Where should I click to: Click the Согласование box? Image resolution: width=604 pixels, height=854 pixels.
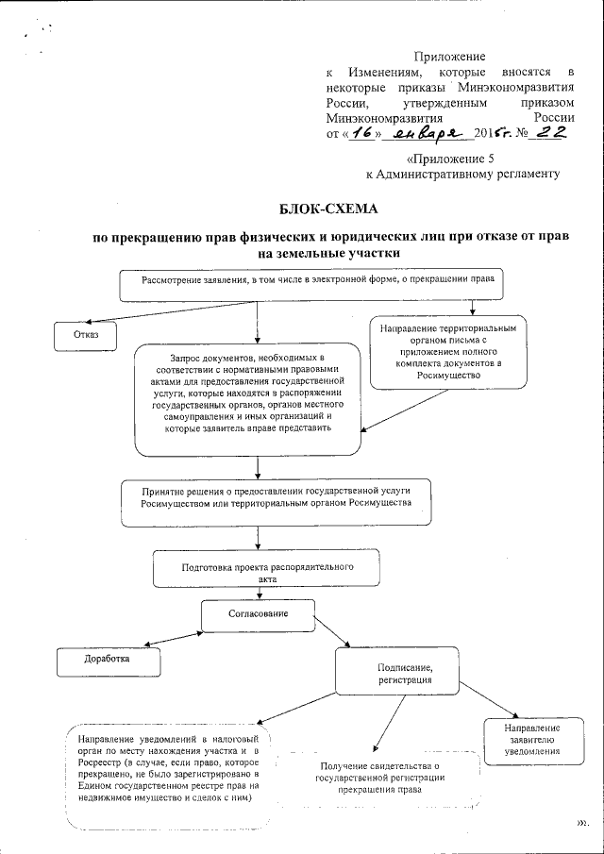point(258,614)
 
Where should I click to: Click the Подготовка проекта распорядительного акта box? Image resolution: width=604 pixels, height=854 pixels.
point(267,573)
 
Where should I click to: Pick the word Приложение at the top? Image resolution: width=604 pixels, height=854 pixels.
point(449,58)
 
